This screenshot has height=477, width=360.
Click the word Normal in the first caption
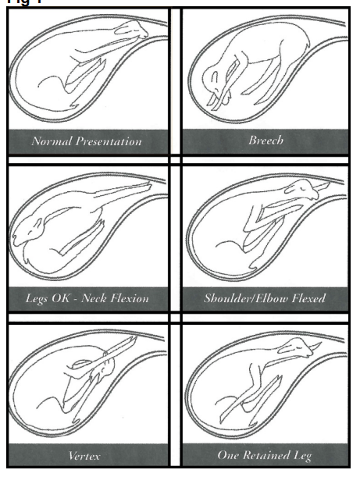(52, 141)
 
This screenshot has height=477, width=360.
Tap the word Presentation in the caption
(109, 142)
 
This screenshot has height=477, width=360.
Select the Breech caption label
(266, 141)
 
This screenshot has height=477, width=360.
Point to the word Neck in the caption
(94, 297)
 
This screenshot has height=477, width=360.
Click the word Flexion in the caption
(130, 297)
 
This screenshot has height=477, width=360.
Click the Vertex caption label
(84, 456)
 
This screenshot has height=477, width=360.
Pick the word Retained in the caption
(267, 455)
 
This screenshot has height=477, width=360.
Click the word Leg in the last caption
(303, 456)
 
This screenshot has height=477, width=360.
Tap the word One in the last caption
(228, 455)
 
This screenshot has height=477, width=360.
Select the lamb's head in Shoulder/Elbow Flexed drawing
(302, 190)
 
